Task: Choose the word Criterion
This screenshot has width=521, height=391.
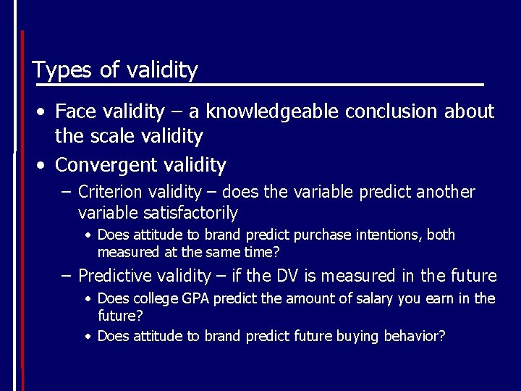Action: coord(109,193)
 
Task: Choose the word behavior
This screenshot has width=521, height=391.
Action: coord(415,336)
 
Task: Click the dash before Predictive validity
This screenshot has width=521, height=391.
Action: coord(66,276)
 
